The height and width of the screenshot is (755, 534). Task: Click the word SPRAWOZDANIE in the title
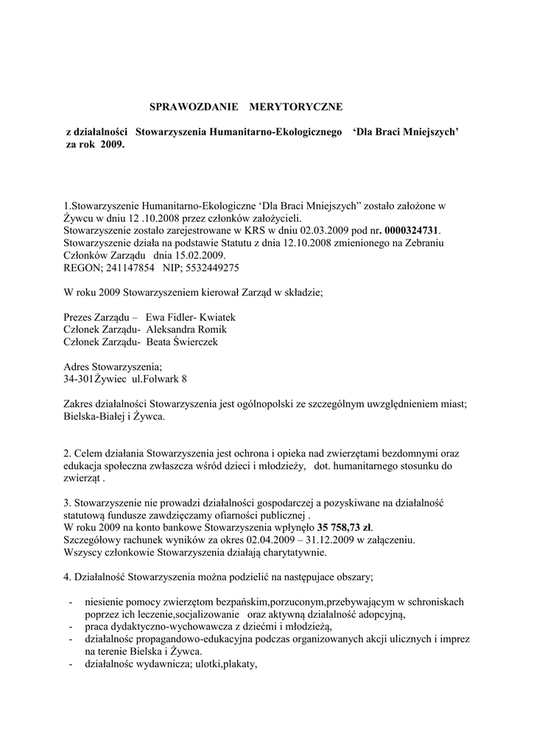pyautogui.click(x=194, y=107)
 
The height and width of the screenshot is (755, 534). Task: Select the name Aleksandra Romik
pyautogui.click(x=186, y=329)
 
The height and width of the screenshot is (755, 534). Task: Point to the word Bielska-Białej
pyautogui.click(x=97, y=417)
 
